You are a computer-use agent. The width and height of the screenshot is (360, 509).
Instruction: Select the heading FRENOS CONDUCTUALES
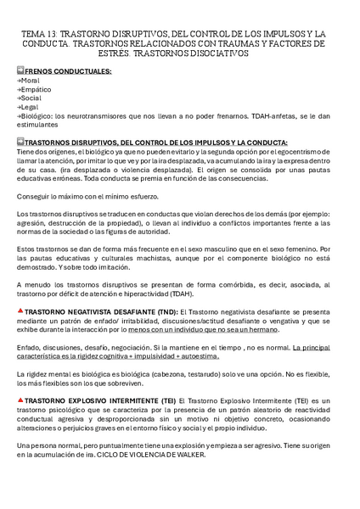(x=68, y=72)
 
